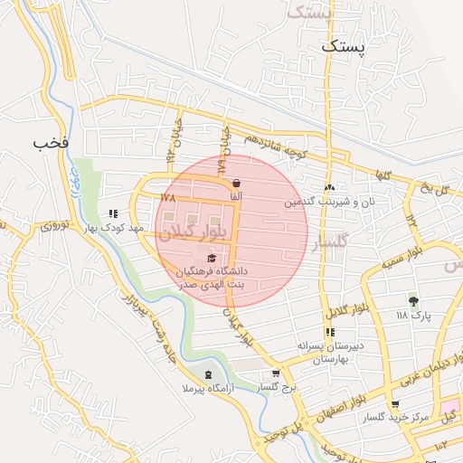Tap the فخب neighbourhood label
[x=51, y=143]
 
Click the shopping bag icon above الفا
[x=236, y=183]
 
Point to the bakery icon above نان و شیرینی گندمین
[x=329, y=187]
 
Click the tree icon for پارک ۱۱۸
[x=414, y=301]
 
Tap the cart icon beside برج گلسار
[x=276, y=373]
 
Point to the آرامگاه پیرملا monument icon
[x=210, y=374]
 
